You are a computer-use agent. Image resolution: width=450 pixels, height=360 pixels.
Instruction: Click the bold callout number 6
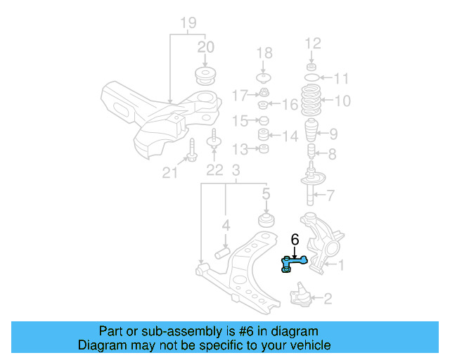295,240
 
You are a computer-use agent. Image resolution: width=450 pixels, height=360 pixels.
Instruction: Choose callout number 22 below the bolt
214,169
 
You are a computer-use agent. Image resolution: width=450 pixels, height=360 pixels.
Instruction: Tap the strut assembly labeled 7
311,184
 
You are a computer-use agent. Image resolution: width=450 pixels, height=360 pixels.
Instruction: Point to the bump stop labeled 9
311,132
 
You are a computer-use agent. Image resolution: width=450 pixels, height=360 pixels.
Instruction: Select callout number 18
264,53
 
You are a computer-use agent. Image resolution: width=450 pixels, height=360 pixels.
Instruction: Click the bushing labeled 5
266,220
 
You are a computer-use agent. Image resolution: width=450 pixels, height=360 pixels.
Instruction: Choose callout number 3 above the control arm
236,169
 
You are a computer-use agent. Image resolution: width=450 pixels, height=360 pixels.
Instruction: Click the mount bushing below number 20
205,76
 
